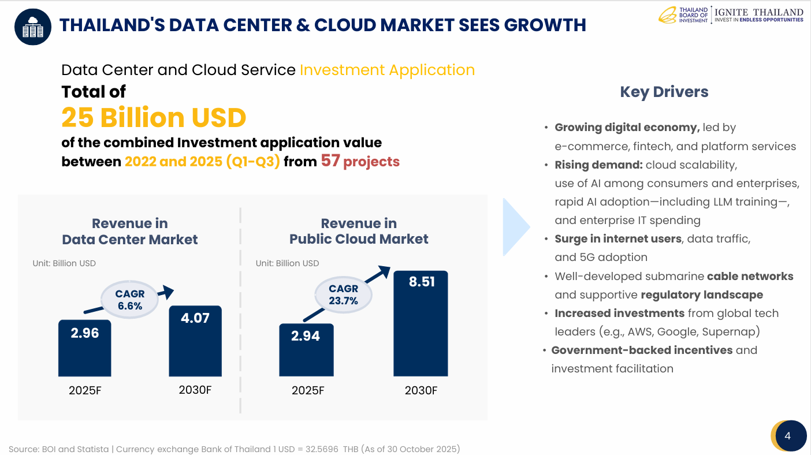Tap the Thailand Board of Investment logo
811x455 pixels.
click(x=684, y=15)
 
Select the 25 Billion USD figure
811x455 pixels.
click(x=154, y=117)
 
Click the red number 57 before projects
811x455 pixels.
click(x=330, y=161)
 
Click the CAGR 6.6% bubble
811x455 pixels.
click(x=130, y=300)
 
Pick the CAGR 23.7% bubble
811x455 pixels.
click(x=343, y=294)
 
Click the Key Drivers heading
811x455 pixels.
click(x=664, y=92)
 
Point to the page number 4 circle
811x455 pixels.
click(x=788, y=436)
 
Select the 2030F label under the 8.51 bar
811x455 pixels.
click(x=421, y=390)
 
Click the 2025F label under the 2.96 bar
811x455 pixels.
click(x=85, y=390)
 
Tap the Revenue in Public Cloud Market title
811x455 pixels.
click(x=359, y=231)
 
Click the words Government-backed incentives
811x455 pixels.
click(x=642, y=350)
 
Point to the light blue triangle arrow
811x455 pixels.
click(x=515, y=227)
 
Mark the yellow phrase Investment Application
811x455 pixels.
click(x=387, y=70)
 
